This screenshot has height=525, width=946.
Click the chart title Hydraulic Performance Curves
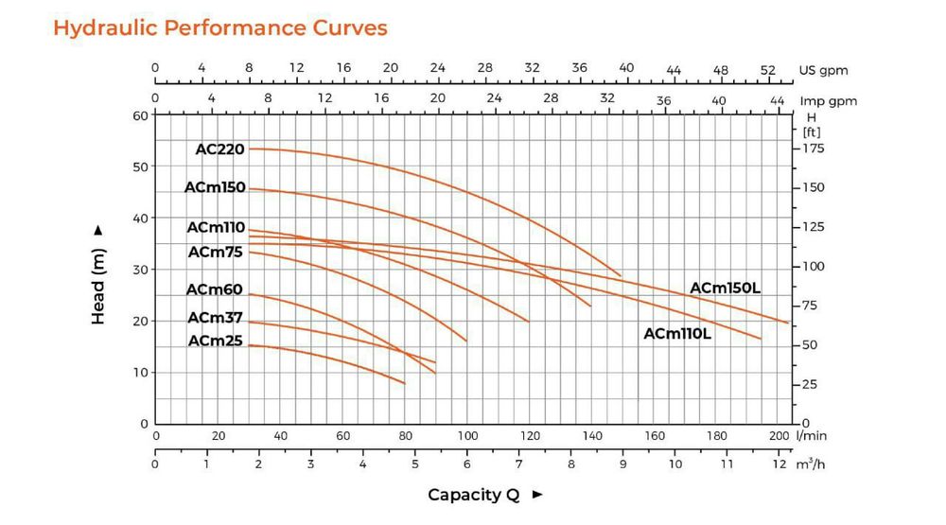pyautogui.click(x=219, y=27)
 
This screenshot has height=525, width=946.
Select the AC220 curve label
pyautogui.click(x=219, y=149)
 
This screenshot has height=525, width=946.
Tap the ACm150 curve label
pyautogui.click(x=215, y=188)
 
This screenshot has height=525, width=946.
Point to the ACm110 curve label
pyautogui.click(x=216, y=228)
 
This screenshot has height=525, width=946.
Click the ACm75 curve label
pyautogui.click(x=216, y=253)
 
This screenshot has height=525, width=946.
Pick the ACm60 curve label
pyautogui.click(x=215, y=289)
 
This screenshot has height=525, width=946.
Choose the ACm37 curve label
pyautogui.click(x=215, y=318)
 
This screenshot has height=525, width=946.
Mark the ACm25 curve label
pyautogui.click(x=215, y=341)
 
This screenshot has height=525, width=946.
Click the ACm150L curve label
pyautogui.click(x=725, y=288)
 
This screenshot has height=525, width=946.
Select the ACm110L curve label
pyautogui.click(x=677, y=334)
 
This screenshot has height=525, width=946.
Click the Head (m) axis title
pyautogui.click(x=98, y=275)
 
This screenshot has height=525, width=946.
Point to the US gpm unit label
pyautogui.click(x=823, y=70)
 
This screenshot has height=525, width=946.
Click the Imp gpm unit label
pyautogui.click(x=829, y=101)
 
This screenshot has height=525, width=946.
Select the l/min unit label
pyautogui.click(x=813, y=436)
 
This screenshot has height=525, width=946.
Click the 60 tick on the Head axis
pyautogui.click(x=141, y=115)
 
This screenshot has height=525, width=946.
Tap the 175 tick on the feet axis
pyautogui.click(x=813, y=149)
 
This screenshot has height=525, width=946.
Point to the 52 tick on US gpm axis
pyautogui.click(x=767, y=70)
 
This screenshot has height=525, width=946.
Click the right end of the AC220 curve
pyautogui.click(x=621, y=276)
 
